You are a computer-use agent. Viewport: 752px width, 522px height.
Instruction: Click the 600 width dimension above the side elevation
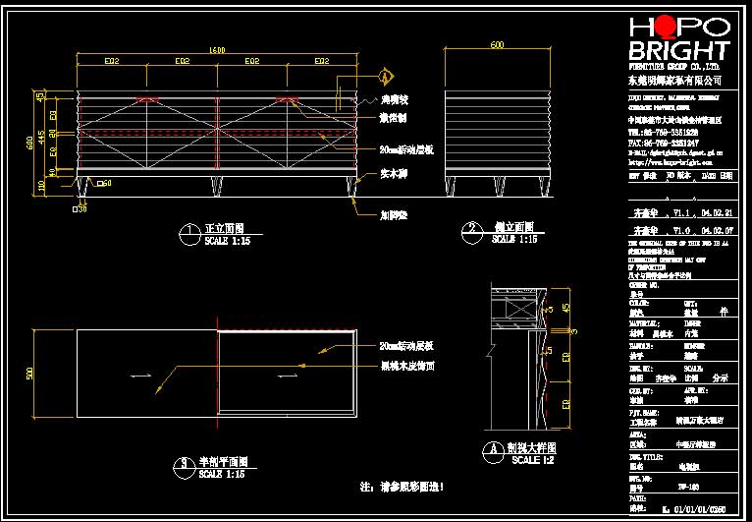point(498,45)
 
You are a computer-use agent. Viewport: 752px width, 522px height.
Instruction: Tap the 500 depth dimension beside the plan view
point(29,373)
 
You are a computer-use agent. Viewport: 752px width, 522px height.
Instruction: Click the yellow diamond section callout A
point(386,76)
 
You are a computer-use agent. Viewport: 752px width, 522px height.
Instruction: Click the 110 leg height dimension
point(41,183)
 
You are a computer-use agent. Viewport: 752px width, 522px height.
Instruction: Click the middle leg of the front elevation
point(216,185)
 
